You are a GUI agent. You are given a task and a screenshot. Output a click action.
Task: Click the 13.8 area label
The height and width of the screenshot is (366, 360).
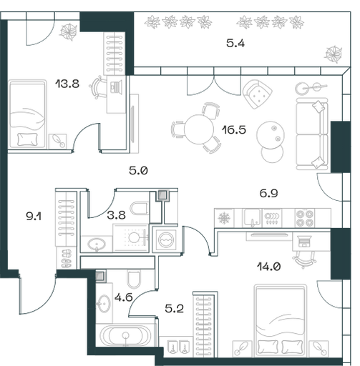67,84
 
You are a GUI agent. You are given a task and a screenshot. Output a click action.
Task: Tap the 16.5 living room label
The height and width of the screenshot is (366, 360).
233,130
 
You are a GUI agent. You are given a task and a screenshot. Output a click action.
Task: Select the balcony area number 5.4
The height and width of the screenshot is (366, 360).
235,44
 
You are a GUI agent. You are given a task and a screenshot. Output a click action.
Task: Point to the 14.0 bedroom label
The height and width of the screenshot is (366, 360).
268,267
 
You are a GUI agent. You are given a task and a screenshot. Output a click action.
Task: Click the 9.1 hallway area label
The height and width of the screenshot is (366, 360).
34,217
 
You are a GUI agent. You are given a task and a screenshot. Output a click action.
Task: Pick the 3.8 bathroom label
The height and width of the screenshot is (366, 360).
116,215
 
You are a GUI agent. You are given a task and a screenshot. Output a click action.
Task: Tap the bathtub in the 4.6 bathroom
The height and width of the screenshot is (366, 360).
125,335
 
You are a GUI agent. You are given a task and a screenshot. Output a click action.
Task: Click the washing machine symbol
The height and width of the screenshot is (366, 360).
165,239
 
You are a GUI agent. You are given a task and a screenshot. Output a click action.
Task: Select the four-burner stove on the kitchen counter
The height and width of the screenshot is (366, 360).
305,218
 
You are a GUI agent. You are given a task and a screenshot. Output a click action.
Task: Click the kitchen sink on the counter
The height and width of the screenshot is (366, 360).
252,218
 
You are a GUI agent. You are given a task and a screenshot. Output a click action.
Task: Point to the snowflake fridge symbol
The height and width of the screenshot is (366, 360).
224,218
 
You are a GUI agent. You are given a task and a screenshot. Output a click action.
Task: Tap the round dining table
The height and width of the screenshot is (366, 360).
199,129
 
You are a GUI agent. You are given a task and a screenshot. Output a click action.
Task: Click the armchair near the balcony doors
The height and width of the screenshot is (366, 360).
257,94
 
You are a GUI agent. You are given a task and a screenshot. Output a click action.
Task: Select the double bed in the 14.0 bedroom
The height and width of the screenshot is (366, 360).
280,320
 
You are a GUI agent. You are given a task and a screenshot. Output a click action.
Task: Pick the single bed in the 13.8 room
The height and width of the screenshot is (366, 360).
27,114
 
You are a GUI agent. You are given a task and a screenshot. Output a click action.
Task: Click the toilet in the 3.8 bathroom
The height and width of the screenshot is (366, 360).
140,208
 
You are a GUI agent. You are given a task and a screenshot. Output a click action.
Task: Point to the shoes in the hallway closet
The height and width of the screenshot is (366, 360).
67,259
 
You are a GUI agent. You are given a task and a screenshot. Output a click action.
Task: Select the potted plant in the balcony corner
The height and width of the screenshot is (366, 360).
334,54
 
